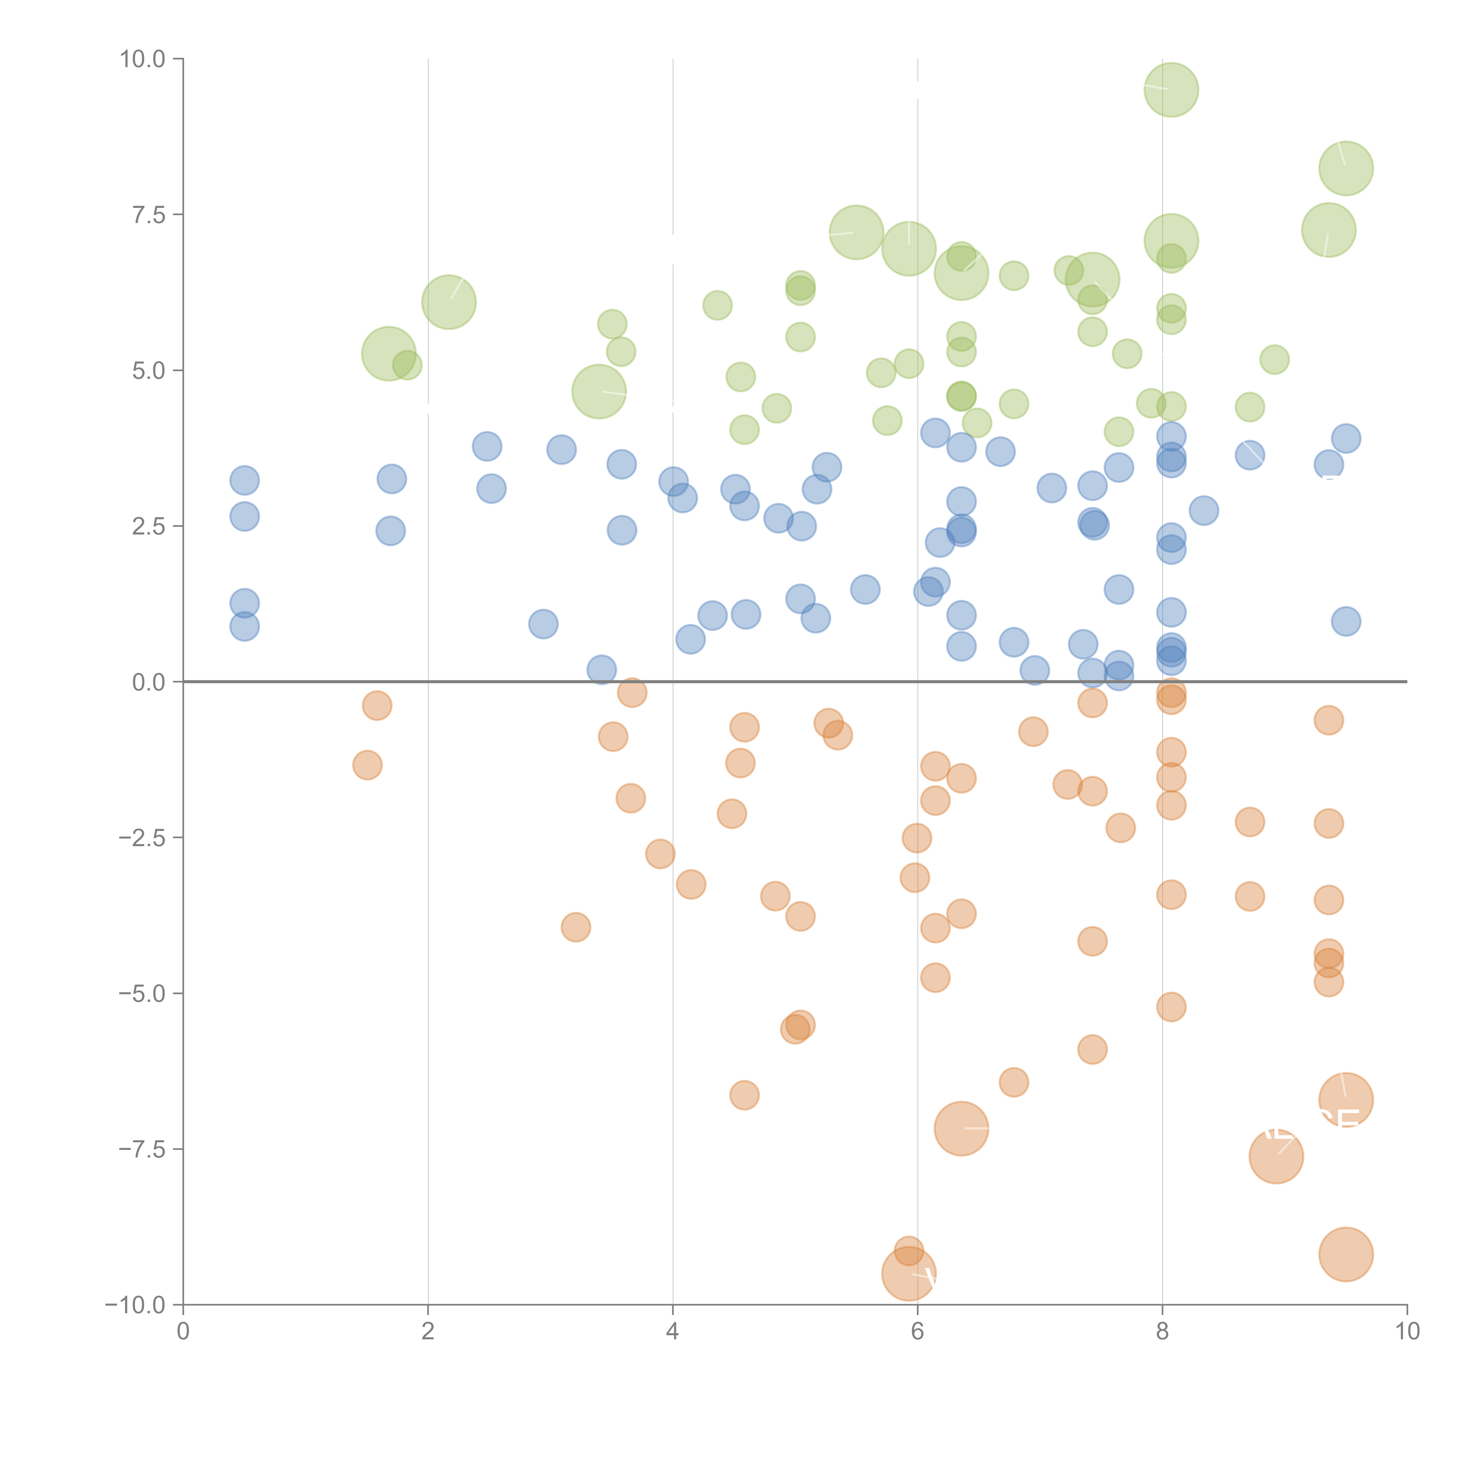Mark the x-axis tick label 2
tap(428, 1332)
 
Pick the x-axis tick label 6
tap(917, 1332)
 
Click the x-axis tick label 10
tap(1407, 1332)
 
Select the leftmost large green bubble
tap(388, 354)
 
